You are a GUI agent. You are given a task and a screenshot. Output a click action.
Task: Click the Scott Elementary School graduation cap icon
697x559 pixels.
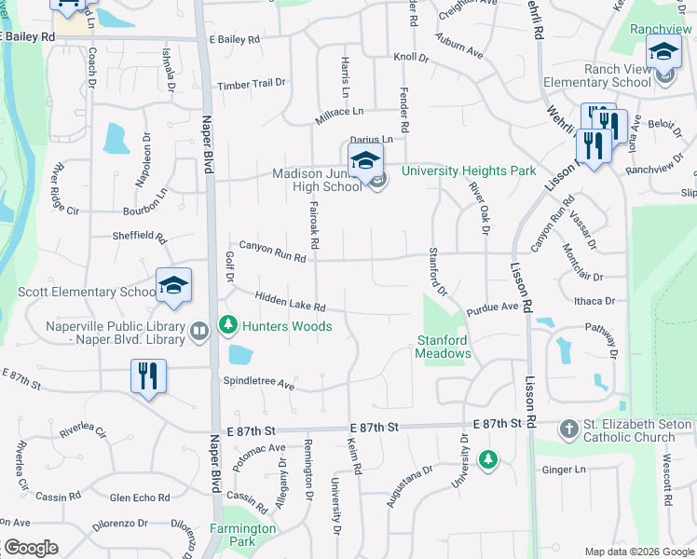coord(173,285)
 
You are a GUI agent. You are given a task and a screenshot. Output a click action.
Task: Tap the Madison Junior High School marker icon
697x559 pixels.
coord(365,159)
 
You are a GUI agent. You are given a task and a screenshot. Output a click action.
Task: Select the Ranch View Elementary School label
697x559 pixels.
coord(616,75)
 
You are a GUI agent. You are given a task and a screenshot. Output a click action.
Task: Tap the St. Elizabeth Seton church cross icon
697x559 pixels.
coord(568,429)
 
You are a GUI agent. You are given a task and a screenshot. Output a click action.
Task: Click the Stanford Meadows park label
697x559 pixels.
coord(441,347)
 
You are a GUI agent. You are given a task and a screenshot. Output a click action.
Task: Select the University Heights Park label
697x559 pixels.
coord(469,170)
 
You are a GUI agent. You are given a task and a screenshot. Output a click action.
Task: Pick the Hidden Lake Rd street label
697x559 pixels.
coord(289,301)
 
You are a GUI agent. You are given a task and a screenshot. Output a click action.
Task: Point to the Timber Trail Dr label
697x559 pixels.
coord(251,85)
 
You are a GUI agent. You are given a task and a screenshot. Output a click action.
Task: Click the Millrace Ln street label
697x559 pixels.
coord(338,112)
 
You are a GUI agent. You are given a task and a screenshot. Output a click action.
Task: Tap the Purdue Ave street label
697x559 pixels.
coord(492,307)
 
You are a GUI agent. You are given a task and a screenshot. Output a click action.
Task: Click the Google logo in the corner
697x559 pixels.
coord(31,548)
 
